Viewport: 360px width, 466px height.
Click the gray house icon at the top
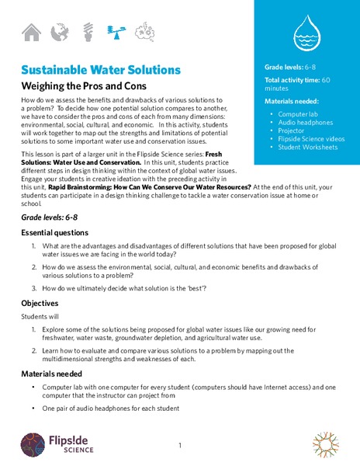(31, 32)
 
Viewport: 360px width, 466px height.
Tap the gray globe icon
(58, 32)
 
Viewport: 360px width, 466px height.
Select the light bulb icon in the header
(88, 32)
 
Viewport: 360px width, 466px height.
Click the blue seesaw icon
(116, 32)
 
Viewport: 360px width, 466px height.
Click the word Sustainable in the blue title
(57, 70)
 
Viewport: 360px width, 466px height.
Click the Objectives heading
(40, 303)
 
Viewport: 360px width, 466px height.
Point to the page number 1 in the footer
(179, 446)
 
